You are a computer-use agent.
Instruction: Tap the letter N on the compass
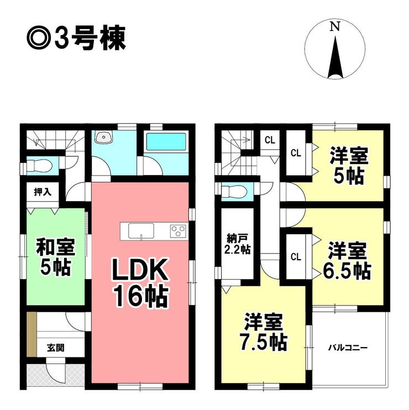click(334, 26)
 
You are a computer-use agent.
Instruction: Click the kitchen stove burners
click(177, 230)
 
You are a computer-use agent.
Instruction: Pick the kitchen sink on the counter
click(141, 230)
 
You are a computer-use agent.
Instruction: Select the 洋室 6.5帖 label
click(347, 261)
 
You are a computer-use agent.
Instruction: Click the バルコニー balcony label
click(348, 348)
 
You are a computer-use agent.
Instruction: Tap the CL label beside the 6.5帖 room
click(296, 257)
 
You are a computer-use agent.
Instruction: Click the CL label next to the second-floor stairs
click(269, 139)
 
